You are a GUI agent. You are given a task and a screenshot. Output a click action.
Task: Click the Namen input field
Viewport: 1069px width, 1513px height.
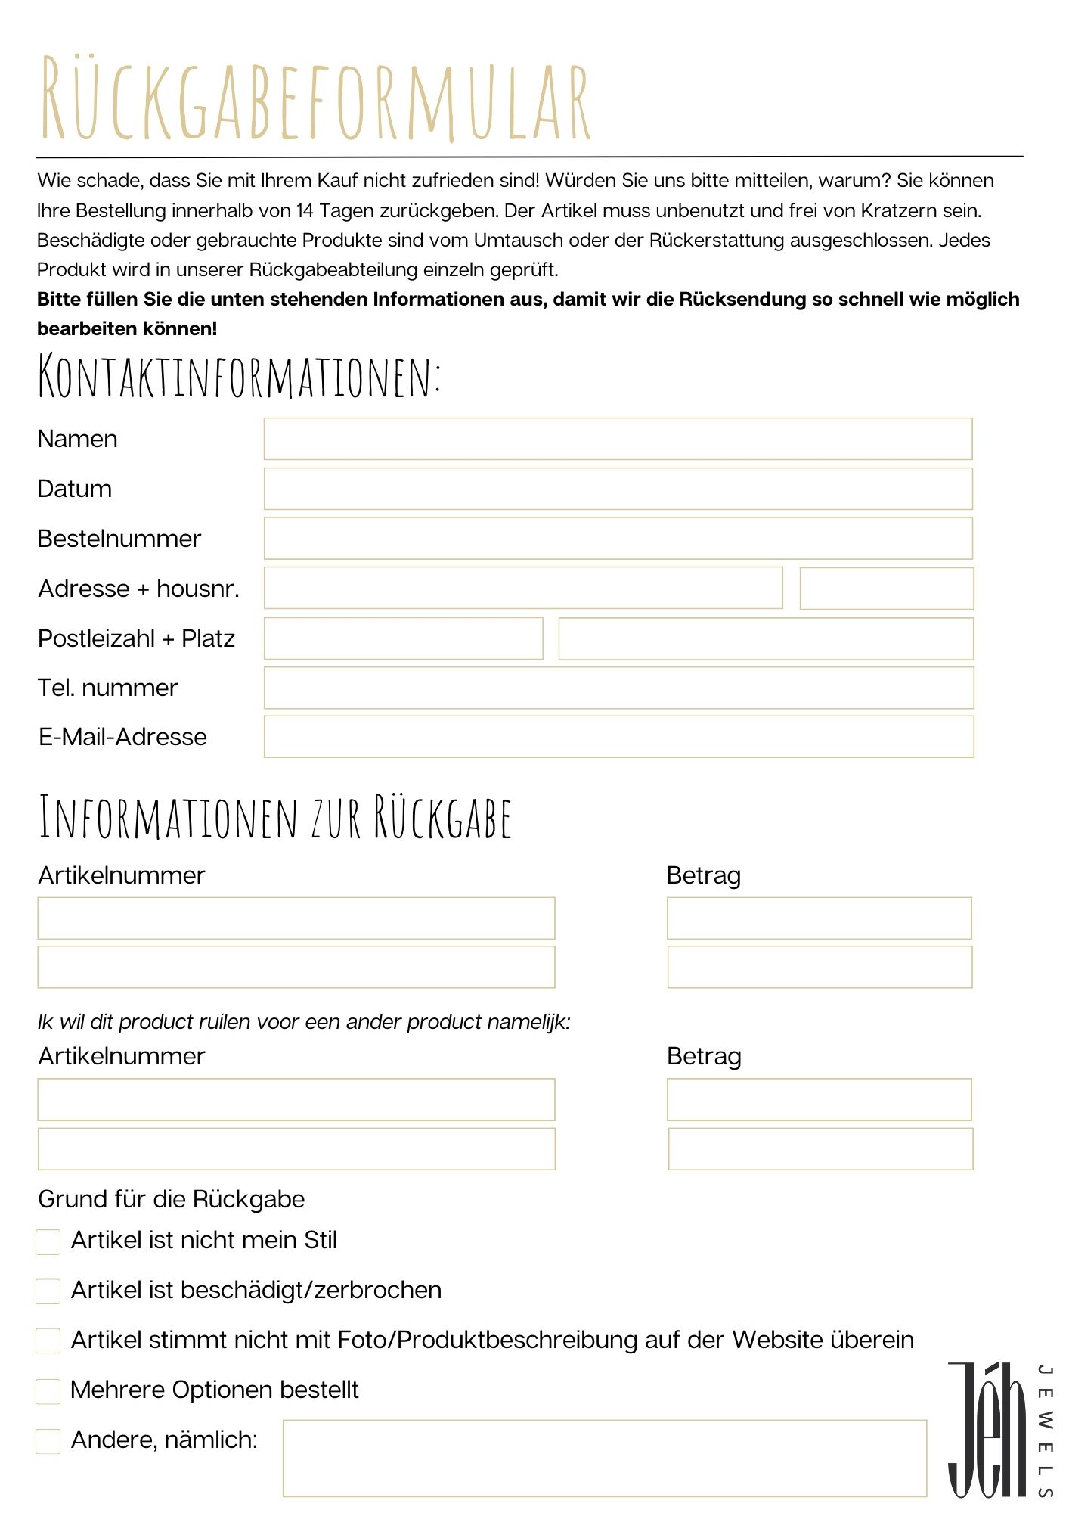tap(618, 439)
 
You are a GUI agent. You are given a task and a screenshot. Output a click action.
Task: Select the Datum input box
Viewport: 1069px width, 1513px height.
tap(618, 489)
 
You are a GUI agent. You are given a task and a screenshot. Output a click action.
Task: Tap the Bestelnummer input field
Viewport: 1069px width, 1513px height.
tap(618, 539)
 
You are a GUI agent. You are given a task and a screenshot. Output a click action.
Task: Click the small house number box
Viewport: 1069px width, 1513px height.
tap(886, 589)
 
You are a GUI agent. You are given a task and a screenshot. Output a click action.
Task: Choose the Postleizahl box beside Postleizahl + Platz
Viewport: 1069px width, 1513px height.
tap(403, 638)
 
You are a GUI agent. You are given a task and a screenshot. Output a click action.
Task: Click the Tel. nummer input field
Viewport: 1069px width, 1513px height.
tap(618, 688)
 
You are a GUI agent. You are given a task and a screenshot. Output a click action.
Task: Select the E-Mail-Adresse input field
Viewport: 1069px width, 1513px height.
tap(618, 737)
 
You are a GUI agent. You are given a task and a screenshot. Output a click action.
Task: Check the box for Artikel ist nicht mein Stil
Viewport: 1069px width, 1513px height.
tap(48, 1241)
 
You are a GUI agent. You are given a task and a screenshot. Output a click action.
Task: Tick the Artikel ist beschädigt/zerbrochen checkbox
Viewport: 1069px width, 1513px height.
tap(48, 1291)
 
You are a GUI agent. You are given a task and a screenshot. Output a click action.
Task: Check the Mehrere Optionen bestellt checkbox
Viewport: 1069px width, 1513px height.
tap(48, 1391)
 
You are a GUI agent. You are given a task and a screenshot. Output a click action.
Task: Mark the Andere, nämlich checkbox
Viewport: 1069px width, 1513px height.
tap(48, 1441)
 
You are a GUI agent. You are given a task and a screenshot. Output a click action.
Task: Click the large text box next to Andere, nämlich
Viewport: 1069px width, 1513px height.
tap(604, 1458)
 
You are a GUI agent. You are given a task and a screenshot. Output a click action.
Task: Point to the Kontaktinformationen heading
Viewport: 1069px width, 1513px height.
tap(239, 376)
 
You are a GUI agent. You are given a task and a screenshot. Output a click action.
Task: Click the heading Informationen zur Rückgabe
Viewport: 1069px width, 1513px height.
tap(275, 818)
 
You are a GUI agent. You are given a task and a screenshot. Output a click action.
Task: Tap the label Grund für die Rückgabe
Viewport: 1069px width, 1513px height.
tap(172, 1199)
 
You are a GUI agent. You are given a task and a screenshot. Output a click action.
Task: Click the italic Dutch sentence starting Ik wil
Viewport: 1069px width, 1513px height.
tap(304, 1022)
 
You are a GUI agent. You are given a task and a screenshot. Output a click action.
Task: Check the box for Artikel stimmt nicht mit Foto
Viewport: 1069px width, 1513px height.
tap(48, 1341)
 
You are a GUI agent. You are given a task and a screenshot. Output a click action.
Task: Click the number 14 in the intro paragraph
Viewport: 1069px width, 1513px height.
tap(305, 210)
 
